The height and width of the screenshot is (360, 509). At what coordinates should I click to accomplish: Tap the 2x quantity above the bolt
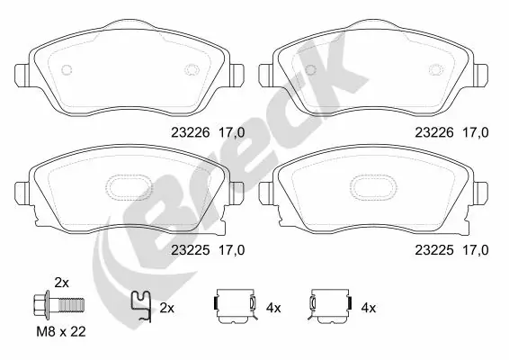click(62, 281)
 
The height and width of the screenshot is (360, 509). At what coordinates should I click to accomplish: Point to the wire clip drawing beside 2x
click(139, 306)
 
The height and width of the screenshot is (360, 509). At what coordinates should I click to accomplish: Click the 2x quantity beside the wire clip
click(166, 308)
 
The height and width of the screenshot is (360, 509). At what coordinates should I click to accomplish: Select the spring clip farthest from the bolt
click(329, 306)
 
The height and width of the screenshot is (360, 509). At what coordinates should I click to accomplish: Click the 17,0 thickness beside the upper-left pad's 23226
click(232, 132)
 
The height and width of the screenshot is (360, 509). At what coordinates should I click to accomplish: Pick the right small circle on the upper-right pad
click(437, 71)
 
